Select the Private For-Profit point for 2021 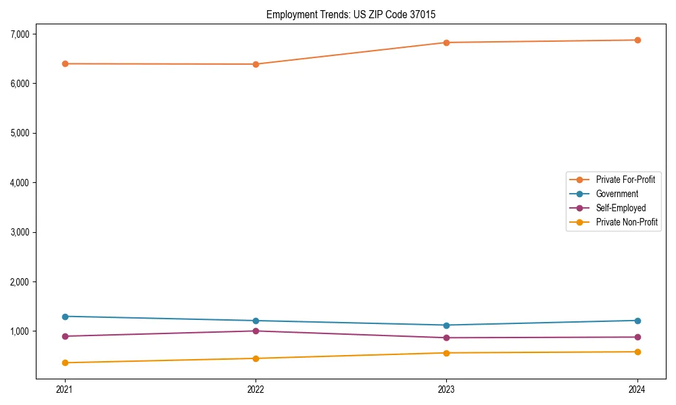[x=65, y=63]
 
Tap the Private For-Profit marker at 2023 [x=446, y=43]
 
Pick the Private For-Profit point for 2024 [x=637, y=40]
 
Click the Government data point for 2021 [x=65, y=317]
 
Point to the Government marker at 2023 [x=446, y=325]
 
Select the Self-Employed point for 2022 [x=256, y=331]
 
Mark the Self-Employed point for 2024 [x=637, y=337]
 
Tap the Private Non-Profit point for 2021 [x=65, y=362]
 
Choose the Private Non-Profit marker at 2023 [x=446, y=353]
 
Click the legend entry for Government [x=617, y=194]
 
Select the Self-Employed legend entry [x=621, y=208]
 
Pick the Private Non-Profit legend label [x=627, y=222]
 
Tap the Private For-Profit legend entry [x=625, y=180]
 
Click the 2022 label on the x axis [x=256, y=389]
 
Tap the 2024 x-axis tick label [x=637, y=389]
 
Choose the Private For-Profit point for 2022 [x=256, y=64]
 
